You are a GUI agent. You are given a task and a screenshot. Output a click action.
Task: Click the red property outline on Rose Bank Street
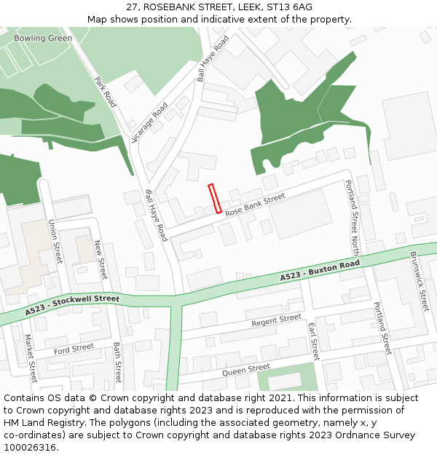pyautogui.click(x=215, y=198)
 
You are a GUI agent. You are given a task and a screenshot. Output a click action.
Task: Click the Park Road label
pyautogui.click(x=106, y=92)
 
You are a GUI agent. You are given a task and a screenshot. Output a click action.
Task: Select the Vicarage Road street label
pyautogui.click(x=150, y=122)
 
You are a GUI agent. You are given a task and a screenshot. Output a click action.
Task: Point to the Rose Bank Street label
pyautogui.click(x=254, y=205)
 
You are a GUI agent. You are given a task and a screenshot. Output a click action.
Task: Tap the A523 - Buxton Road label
pyautogui.click(x=320, y=271)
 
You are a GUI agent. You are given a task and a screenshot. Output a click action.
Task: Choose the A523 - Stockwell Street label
pyautogui.click(x=72, y=304)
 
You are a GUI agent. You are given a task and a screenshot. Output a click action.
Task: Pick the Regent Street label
pyautogui.click(x=276, y=320)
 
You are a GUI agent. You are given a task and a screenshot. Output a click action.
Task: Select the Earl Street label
pyautogui.click(x=313, y=341)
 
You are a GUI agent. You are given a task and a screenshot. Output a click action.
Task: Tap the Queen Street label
pyautogui.click(x=246, y=370)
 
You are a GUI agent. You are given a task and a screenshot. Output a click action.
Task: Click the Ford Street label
pyautogui.click(x=74, y=349)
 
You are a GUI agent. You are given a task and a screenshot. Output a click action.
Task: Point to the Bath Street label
pyautogui.click(x=117, y=363)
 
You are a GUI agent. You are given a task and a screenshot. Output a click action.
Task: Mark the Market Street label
pyautogui.click(x=31, y=358)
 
